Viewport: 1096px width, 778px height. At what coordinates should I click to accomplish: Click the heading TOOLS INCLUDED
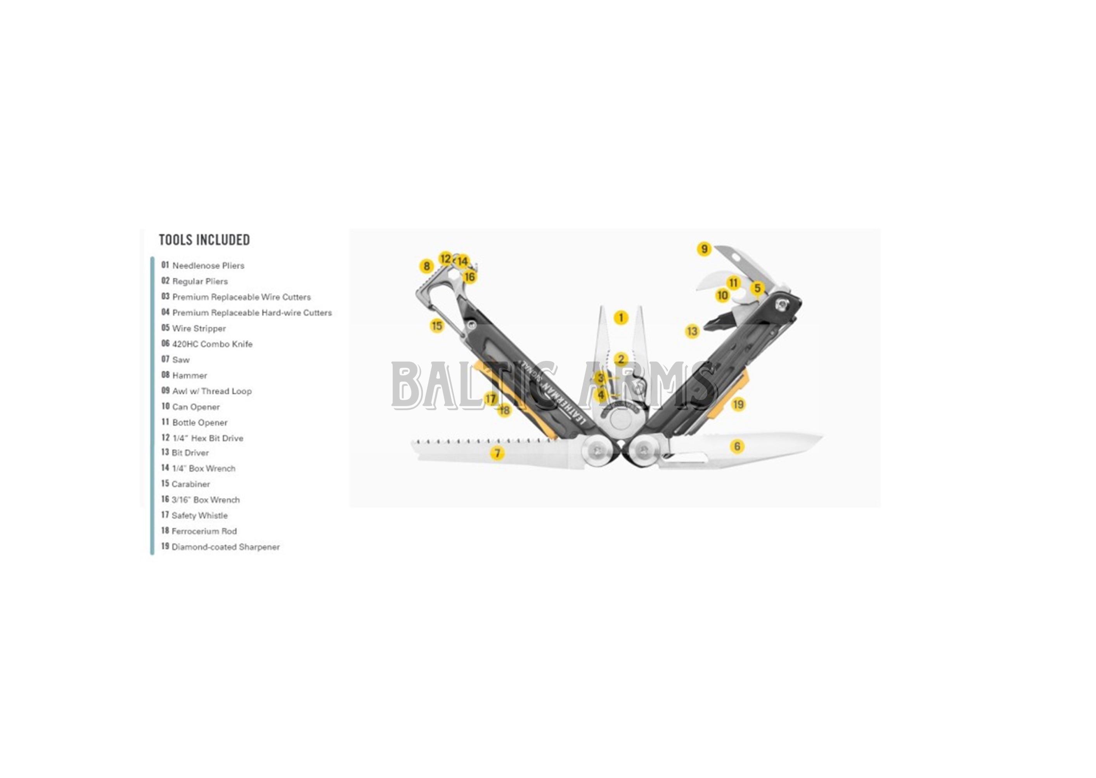(204, 239)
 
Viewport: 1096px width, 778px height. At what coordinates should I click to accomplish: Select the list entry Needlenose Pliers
(203, 265)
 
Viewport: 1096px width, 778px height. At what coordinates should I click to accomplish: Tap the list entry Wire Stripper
(194, 328)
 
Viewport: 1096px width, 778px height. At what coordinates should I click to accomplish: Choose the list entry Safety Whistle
(194, 515)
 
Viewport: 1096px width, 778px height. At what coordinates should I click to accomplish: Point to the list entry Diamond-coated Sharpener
(220, 547)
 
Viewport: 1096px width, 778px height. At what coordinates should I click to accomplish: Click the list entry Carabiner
(185, 484)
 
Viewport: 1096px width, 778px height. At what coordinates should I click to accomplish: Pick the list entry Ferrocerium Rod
(199, 531)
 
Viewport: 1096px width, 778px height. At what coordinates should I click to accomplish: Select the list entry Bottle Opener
(194, 423)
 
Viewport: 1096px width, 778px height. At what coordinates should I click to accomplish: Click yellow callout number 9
(704, 249)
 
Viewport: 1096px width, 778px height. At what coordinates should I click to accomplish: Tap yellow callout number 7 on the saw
(497, 453)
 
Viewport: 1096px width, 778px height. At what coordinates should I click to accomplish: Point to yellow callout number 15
(437, 326)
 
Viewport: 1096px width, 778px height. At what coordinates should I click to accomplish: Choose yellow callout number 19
(738, 404)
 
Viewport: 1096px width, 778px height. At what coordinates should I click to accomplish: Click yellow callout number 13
(692, 331)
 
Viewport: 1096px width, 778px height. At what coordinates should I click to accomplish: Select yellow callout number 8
(426, 266)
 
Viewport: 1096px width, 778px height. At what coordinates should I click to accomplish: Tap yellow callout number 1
(621, 318)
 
